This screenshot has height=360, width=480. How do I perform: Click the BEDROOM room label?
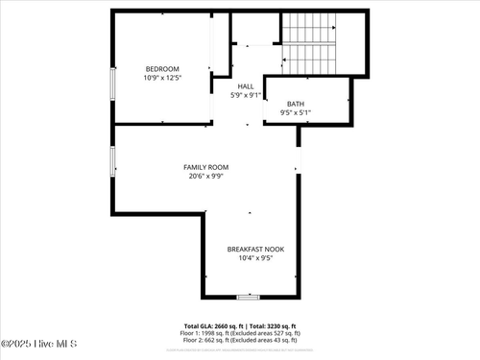162,69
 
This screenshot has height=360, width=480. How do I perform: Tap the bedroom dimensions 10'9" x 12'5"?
162,78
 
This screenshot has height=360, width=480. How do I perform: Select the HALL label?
246,86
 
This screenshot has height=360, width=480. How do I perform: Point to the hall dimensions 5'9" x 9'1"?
246,95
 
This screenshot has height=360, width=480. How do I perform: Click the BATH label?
297,104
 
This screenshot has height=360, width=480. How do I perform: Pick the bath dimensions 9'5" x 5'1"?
297,112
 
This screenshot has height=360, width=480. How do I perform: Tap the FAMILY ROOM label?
206,167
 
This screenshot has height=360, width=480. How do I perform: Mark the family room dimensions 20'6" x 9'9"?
206,176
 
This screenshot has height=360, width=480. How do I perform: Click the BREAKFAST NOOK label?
250,249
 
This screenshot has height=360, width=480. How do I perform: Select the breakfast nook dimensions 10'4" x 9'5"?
250,257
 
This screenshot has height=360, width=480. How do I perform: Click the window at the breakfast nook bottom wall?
248,298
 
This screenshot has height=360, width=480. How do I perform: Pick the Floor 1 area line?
240,333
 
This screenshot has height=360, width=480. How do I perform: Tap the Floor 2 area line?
240,340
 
